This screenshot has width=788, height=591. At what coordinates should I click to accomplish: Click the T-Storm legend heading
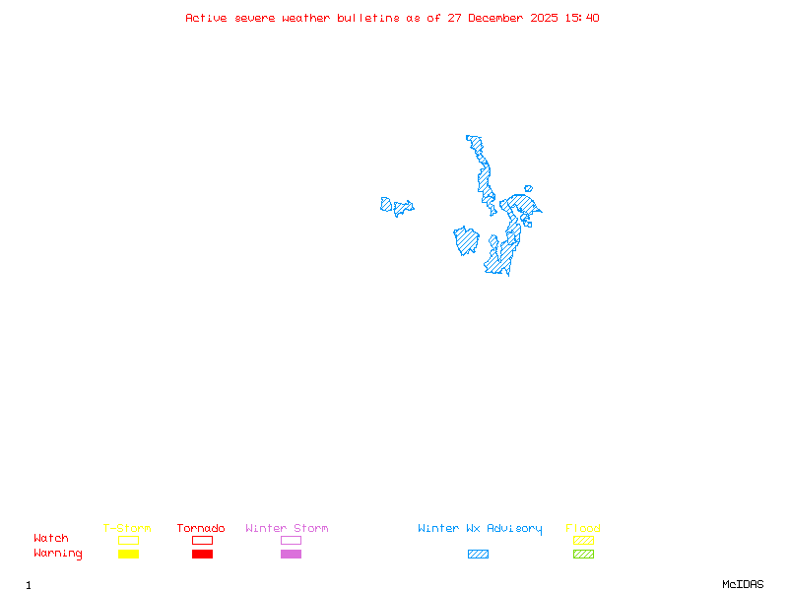pyautogui.click(x=127, y=528)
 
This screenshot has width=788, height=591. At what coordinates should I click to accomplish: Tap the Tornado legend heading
pyautogui.click(x=201, y=528)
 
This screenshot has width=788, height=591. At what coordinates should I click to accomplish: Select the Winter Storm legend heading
pyautogui.click(x=287, y=528)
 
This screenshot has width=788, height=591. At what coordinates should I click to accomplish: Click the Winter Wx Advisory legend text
pyautogui.click(x=480, y=528)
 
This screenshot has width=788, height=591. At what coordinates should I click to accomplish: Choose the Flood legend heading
pyautogui.click(x=583, y=528)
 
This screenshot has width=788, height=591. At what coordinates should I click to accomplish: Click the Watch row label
pyautogui.click(x=51, y=539)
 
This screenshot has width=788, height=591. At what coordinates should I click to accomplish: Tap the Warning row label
pyautogui.click(x=58, y=554)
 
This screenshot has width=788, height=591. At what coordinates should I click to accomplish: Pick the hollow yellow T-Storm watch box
pyautogui.click(x=128, y=540)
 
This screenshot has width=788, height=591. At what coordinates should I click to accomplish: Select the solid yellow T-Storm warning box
pyautogui.click(x=128, y=554)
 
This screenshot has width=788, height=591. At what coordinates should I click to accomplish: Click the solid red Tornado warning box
pyautogui.click(x=202, y=554)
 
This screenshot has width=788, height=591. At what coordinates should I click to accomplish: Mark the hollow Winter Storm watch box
pyautogui.click(x=291, y=540)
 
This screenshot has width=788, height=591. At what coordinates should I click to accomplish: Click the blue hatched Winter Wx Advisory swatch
pyautogui.click(x=478, y=554)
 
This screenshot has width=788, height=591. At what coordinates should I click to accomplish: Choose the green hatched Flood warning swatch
pyautogui.click(x=583, y=554)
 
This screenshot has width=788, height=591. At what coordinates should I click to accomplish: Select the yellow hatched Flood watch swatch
pyautogui.click(x=583, y=540)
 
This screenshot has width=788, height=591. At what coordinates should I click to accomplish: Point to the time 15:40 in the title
pyautogui.click(x=582, y=18)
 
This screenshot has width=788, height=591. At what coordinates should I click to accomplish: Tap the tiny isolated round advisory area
pyautogui.click(x=529, y=188)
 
